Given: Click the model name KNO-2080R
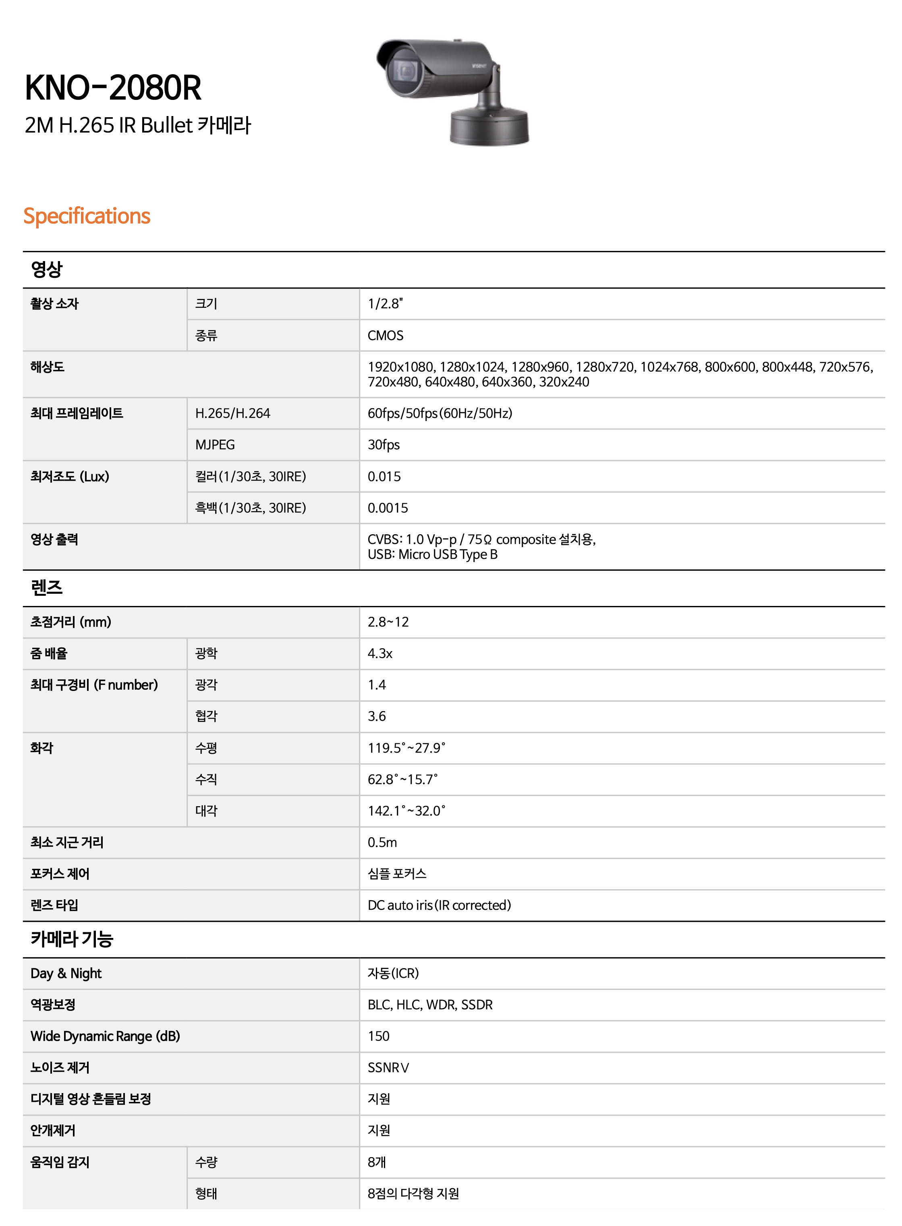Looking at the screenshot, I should click(x=113, y=88).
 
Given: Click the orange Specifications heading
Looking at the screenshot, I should click(x=87, y=216).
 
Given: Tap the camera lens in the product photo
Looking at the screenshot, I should click(x=404, y=71).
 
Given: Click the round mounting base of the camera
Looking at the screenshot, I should click(x=489, y=127).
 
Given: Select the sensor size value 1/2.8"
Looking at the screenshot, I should click(x=385, y=304).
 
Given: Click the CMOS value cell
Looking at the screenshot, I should click(x=386, y=335).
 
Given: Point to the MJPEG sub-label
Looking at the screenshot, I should click(x=215, y=444).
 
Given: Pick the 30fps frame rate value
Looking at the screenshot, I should click(x=383, y=444).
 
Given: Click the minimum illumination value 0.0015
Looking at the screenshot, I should click(x=388, y=508).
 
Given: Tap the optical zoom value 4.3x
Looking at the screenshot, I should click(x=380, y=653).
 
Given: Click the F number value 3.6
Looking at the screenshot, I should click(x=377, y=716).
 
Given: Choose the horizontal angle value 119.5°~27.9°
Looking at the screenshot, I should click(x=406, y=748).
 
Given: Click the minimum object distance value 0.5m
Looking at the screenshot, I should click(x=382, y=842).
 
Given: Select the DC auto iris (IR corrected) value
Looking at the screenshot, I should click(x=439, y=905).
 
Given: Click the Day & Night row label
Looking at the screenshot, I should click(x=66, y=973).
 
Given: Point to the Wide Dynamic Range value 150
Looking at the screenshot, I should click(x=378, y=1036).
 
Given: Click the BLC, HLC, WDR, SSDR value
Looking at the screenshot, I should click(x=430, y=1005).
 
